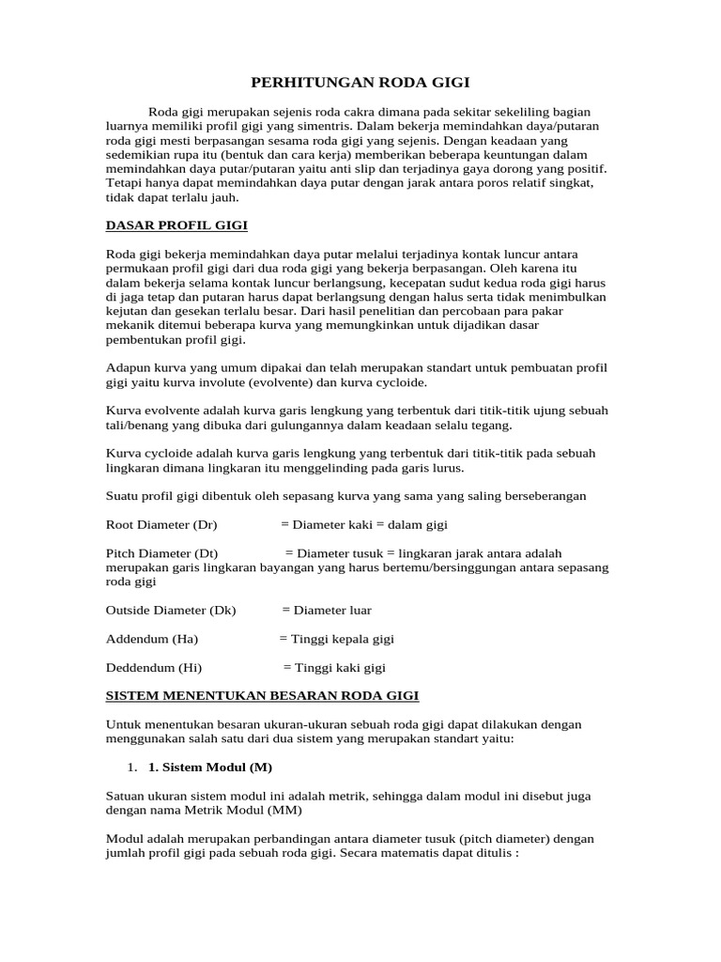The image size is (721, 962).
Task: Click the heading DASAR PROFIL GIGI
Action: (176, 226)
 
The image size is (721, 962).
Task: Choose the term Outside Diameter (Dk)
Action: (171, 610)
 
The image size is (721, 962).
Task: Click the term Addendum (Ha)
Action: (152, 639)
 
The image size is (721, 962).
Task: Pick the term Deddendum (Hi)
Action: (154, 668)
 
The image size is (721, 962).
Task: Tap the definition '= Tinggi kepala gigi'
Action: (336, 639)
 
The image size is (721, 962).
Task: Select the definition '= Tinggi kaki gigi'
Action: (334, 668)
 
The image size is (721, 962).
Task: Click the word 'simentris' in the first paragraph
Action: (320, 125)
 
